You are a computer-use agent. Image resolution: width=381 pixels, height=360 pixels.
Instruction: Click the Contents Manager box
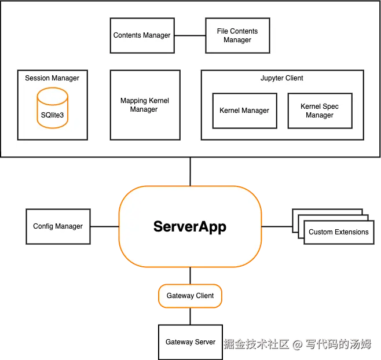pyautogui.click(x=142, y=35)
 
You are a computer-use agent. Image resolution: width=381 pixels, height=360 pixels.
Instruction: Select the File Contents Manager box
pyautogui.click(x=237, y=35)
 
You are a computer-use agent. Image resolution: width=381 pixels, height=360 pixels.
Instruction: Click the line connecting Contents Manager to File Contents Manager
pyautogui.click(x=190, y=35)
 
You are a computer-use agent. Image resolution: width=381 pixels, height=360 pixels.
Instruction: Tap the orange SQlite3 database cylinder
pyautogui.click(x=52, y=107)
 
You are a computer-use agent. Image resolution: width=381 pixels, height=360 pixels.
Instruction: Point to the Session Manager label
pyautogui.click(x=52, y=78)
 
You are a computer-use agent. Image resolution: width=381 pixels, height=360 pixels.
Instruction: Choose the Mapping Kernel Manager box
pyautogui.click(x=144, y=105)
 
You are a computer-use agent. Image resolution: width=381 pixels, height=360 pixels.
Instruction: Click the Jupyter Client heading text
pyautogui.click(x=282, y=78)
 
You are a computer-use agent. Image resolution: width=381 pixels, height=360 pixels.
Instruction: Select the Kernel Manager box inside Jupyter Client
pyautogui.click(x=244, y=111)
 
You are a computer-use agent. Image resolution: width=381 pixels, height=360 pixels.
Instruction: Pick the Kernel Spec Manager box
pyautogui.click(x=320, y=111)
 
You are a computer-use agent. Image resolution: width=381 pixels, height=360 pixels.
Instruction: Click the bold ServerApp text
pyautogui.click(x=190, y=226)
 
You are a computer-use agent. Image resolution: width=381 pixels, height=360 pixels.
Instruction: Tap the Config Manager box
pyautogui.click(x=58, y=226)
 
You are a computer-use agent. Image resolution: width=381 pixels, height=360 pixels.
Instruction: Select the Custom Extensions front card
pyautogui.click(x=338, y=232)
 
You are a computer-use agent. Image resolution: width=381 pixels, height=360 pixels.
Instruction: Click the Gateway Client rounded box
pyautogui.click(x=190, y=296)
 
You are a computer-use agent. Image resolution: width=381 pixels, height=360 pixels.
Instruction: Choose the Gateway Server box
pyautogui.click(x=190, y=342)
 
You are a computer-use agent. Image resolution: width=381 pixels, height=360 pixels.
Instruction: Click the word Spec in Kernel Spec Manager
pyautogui.click(x=331, y=106)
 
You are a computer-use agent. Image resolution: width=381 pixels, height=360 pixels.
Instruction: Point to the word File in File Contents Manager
pyautogui.click(x=223, y=31)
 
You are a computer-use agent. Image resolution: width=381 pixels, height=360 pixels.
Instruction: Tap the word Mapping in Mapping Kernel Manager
pyautogui.click(x=134, y=101)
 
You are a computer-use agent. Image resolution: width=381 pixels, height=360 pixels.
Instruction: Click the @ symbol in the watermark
pyautogui.click(x=297, y=344)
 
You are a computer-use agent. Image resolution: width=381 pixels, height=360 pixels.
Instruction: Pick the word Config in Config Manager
pyautogui.click(x=43, y=226)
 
